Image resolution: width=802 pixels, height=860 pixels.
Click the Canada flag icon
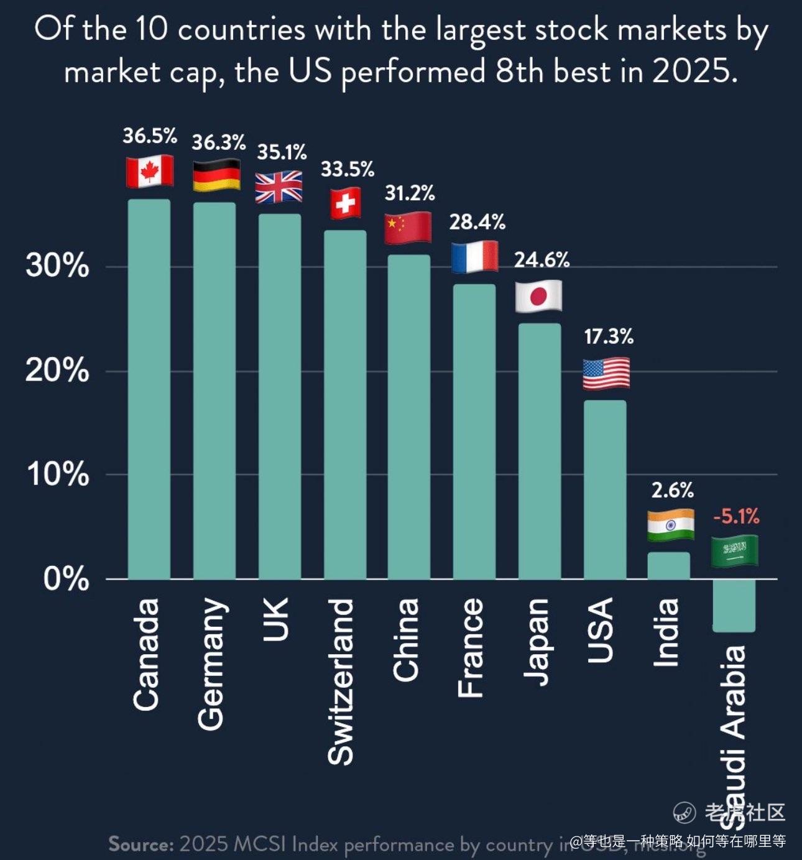pos(149,172)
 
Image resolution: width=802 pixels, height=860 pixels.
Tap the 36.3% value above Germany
pos(218,142)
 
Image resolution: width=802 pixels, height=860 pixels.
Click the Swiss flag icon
pos(345,203)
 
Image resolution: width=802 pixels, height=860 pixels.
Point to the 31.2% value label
pos(409,193)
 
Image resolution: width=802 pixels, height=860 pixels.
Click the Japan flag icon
pos(538,296)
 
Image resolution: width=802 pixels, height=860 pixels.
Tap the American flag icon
pos(606,374)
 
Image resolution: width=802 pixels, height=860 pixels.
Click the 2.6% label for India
pos(672,491)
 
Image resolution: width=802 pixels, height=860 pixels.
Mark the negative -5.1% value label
pos(736,516)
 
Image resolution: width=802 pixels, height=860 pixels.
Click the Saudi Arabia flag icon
pos(735,551)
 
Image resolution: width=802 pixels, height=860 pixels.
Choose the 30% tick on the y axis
pos(57,266)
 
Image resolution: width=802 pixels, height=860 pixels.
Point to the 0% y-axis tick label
pos(66,579)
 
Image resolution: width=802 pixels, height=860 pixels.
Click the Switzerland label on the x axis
pos(341,682)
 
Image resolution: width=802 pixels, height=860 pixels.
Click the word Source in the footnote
pos(141,844)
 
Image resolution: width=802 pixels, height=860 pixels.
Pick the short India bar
pos(669,566)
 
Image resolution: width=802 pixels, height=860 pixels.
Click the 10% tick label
pos(57,474)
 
